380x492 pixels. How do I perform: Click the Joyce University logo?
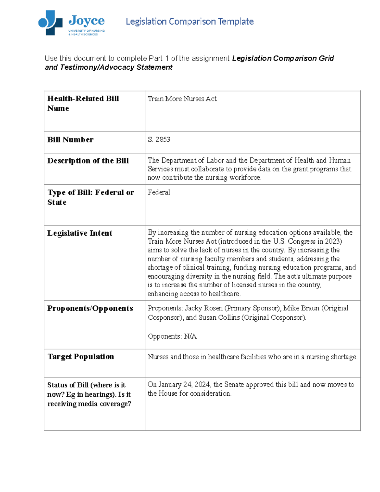(72, 23)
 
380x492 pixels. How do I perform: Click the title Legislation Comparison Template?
(190, 22)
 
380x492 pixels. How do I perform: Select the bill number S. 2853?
(159, 140)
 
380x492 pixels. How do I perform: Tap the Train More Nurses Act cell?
(182, 99)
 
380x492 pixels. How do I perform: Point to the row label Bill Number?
(70, 140)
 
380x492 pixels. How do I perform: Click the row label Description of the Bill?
(88, 161)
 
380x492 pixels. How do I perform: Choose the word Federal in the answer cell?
(159, 192)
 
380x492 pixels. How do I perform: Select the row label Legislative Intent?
(80, 233)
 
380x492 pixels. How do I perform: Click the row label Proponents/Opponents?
(90, 308)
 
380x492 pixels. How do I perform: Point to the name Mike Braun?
(301, 308)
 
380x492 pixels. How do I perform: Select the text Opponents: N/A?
(172, 336)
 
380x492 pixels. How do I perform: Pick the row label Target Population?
(81, 357)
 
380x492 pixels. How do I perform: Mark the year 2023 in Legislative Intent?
(332, 241)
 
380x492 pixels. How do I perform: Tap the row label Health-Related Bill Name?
(83, 103)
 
